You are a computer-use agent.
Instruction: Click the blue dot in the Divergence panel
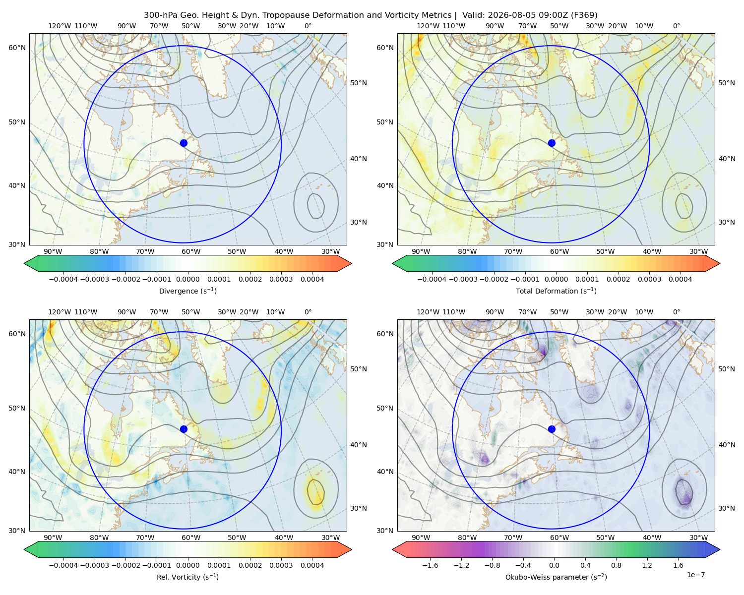184,143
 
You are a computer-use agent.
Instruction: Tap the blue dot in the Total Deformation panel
552,143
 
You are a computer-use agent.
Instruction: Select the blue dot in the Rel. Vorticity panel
184,429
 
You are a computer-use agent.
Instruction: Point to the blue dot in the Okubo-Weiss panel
552,429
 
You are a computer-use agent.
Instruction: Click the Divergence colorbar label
187,291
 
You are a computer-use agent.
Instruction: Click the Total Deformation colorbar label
556,291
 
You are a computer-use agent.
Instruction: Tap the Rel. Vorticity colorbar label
187,577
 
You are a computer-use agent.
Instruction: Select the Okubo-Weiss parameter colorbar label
556,577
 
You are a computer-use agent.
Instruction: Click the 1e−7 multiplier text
695,575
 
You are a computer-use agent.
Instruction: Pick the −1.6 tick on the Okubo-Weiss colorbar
430,565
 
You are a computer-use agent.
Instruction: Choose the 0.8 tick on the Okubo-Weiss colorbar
616,565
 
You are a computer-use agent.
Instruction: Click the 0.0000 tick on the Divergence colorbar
187,279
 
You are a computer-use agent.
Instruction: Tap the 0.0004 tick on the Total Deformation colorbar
680,279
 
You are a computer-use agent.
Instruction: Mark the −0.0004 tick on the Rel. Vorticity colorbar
63,565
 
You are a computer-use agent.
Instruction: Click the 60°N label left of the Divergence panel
17,48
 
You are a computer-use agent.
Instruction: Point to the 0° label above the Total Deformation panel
676,26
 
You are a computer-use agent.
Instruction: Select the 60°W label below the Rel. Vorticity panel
191,537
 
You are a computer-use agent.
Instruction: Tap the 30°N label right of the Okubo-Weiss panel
726,508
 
